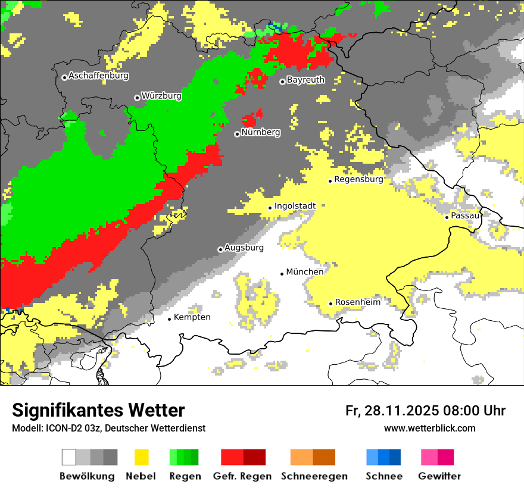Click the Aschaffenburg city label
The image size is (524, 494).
pyautogui.click(x=98, y=76)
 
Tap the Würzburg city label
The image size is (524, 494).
pyautogui.click(x=161, y=96)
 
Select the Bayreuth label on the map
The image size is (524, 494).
pyautogui.click(x=305, y=80)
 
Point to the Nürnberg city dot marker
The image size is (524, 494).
pyautogui.click(x=237, y=134)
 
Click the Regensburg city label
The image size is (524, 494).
pyautogui.click(x=358, y=179)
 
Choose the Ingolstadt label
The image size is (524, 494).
pyautogui.click(x=295, y=206)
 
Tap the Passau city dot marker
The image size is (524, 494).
pyautogui.click(x=447, y=217)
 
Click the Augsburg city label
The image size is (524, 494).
pyautogui.click(x=244, y=248)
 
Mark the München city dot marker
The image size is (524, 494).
pyautogui.click(x=282, y=274)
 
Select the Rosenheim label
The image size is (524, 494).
pyautogui.click(x=357, y=302)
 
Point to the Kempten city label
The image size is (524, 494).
pyautogui.click(x=192, y=317)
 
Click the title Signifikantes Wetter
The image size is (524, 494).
pyautogui.click(x=98, y=410)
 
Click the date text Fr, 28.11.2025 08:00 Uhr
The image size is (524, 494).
pyautogui.click(x=425, y=411)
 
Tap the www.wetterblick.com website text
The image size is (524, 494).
pyautogui.click(x=429, y=428)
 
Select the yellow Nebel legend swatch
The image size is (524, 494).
pyautogui.click(x=141, y=457)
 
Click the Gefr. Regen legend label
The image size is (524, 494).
pyautogui.click(x=242, y=476)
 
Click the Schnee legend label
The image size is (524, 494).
pyautogui.click(x=384, y=476)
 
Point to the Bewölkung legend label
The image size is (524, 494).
pyautogui.click(x=87, y=476)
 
